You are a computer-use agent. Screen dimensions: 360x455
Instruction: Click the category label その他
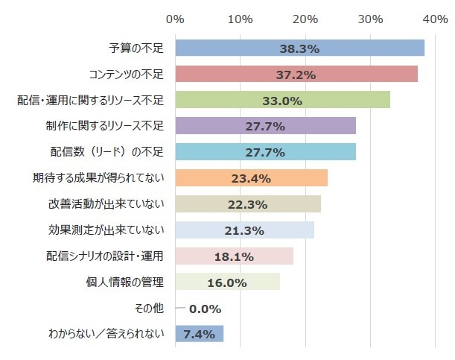pos(149,308)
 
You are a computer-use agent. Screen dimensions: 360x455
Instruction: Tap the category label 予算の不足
pos(136,48)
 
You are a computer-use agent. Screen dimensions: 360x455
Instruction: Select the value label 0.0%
pos(205,308)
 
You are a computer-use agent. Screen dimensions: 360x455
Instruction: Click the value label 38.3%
pos(299,48)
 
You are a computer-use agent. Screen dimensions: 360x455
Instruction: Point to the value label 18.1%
pos(234,256)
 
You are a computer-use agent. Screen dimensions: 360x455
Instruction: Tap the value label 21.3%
pos(244,230)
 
